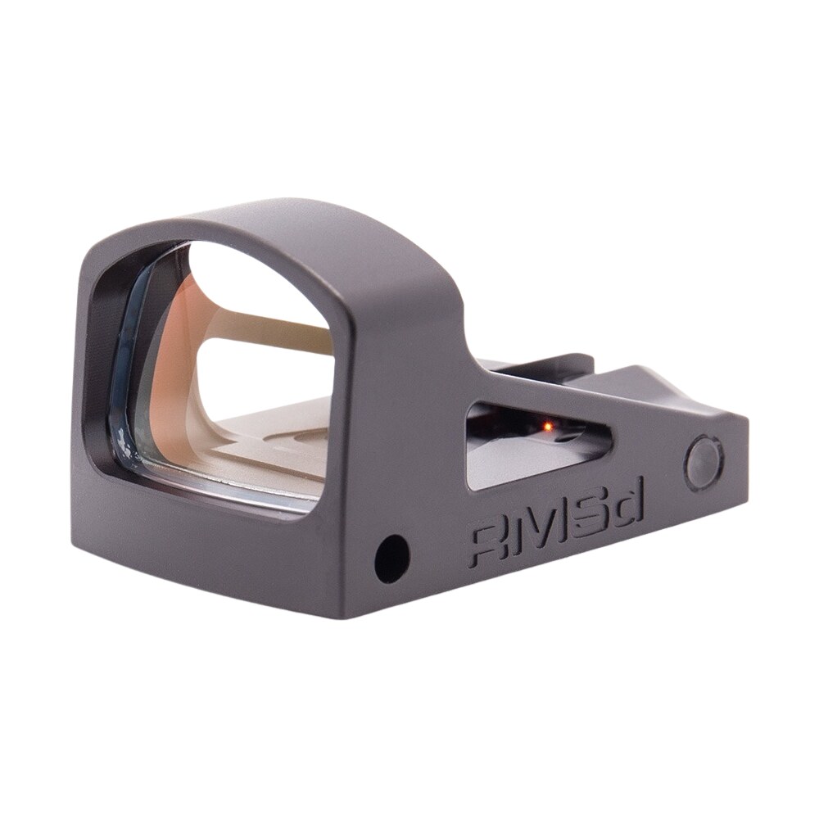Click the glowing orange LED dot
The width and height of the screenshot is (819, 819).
tap(547, 427)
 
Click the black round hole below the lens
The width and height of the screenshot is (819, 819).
tap(391, 558)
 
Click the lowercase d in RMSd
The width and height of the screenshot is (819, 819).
tap(628, 509)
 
